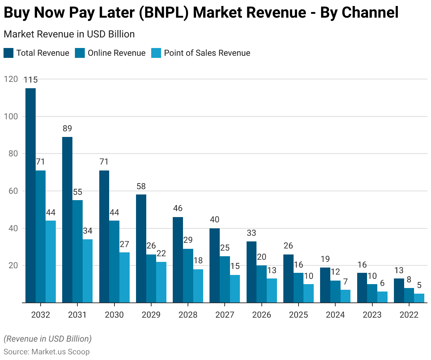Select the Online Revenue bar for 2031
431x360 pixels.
tap(77, 251)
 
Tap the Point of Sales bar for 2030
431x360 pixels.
tap(124, 277)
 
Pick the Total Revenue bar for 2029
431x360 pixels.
tap(141, 248)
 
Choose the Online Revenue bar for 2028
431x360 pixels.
tap(188, 276)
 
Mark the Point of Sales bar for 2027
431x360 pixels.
tap(235, 289)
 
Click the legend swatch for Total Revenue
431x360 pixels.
tap(8, 53)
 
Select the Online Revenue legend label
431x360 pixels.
tap(117, 53)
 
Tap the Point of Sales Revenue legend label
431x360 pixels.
tap(207, 53)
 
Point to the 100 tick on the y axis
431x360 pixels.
tap(11, 116)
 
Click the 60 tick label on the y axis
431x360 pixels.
tap(11, 191)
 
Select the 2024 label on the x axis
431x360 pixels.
tap(335, 315)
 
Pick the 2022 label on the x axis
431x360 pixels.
tap(409, 315)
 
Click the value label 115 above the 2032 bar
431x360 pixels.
tap(31, 80)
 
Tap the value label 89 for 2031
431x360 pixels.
tap(67, 128)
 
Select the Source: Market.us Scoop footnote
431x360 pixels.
tap(47, 352)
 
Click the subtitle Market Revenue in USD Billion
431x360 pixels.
tap(69, 34)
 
